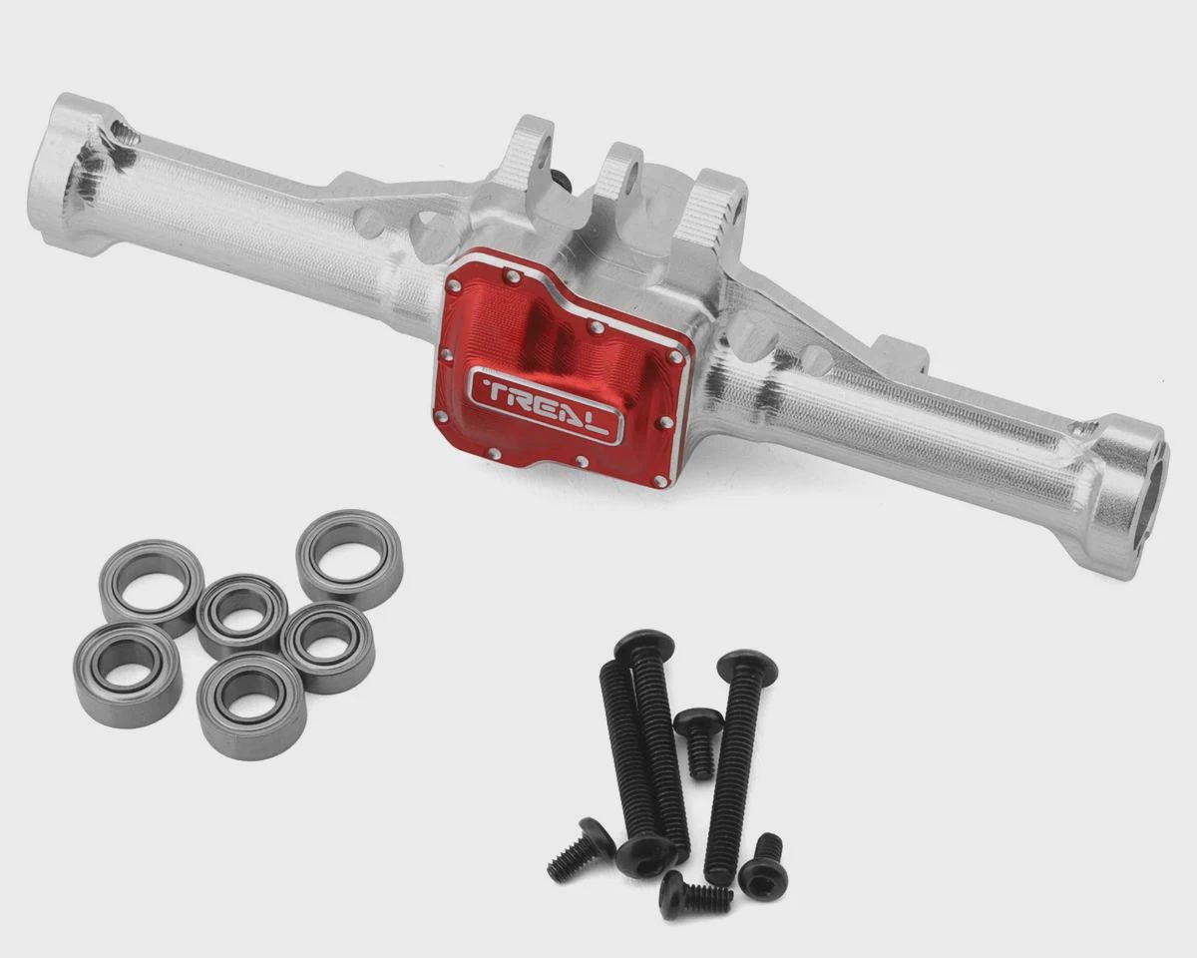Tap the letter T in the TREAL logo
click(497, 392)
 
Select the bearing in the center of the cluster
click(242, 615)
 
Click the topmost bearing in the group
click(349, 556)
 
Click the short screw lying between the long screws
click(699, 742)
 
